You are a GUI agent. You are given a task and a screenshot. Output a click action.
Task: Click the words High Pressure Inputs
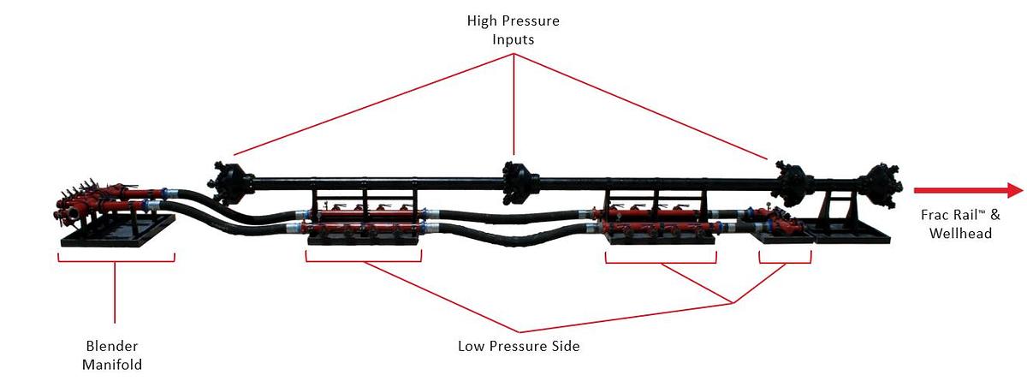tap(513, 28)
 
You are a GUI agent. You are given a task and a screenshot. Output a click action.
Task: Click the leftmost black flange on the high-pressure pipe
tap(227, 180)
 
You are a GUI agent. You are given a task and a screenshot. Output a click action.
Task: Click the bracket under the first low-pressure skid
tap(364, 257)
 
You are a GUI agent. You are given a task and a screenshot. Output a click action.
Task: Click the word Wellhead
tap(959, 233)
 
